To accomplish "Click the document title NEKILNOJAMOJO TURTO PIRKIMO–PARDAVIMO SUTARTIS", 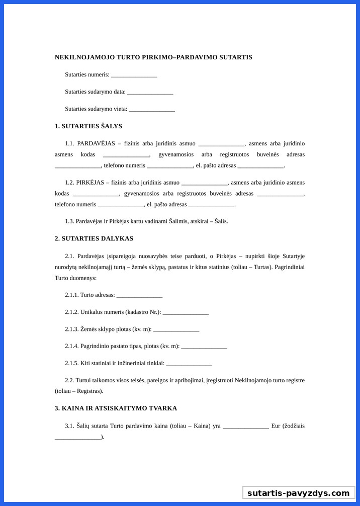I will pyautogui.click(x=153, y=57).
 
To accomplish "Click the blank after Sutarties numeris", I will pyautogui.click(x=134, y=75).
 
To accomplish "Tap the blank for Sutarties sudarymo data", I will pyautogui.click(x=150, y=92).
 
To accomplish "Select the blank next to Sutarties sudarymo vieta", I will pyautogui.click(x=152, y=109).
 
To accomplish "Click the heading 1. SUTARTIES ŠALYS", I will pyautogui.click(x=88, y=126).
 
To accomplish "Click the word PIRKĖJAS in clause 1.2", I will pyautogui.click(x=90, y=183).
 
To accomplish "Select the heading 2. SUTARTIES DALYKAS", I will pyautogui.click(x=94, y=238).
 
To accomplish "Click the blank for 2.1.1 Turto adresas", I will pyautogui.click(x=139, y=295).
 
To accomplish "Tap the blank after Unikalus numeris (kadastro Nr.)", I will pyautogui.click(x=186, y=312).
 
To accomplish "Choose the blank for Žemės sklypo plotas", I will pyautogui.click(x=176, y=329).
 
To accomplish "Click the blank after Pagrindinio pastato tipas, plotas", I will pyautogui.click(x=204, y=347).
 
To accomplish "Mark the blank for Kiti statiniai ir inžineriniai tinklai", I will pyautogui.click(x=189, y=364).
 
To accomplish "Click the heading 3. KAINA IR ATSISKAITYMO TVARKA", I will pyautogui.click(x=116, y=408).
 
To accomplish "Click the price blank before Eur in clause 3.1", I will pyautogui.click(x=246, y=426).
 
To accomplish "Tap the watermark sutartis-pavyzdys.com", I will pyautogui.click(x=298, y=493).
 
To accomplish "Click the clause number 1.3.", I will pyautogui.click(x=69, y=221).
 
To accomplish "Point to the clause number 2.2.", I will pyautogui.click(x=69, y=381).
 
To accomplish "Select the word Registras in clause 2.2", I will pyautogui.click(x=91, y=391).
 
